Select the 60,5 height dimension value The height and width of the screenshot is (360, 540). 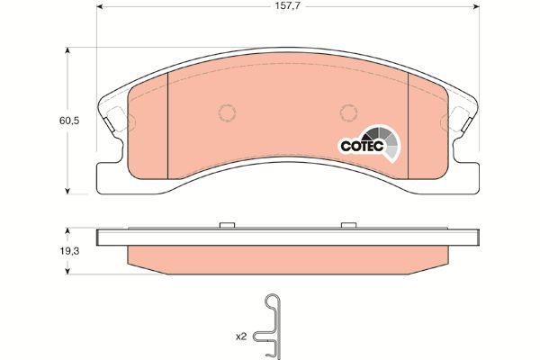[69, 121]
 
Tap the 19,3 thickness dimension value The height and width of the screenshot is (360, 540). [69, 251]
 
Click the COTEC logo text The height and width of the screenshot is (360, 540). [362, 146]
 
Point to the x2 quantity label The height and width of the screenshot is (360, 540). [241, 337]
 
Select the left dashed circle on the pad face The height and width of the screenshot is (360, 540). [228, 112]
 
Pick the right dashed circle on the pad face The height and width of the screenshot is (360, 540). [348, 112]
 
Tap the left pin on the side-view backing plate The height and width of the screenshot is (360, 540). [227, 225]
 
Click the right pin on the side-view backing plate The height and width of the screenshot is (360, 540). [348, 225]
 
